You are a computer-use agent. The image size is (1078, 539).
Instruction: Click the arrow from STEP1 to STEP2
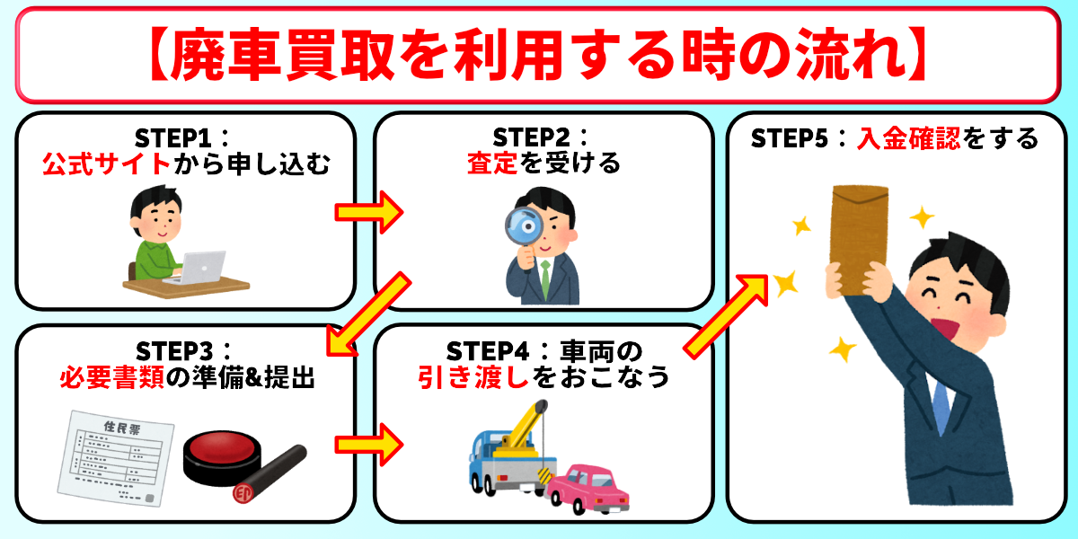tap(369, 213)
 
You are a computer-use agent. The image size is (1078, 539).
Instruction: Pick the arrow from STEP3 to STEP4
tap(369, 444)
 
